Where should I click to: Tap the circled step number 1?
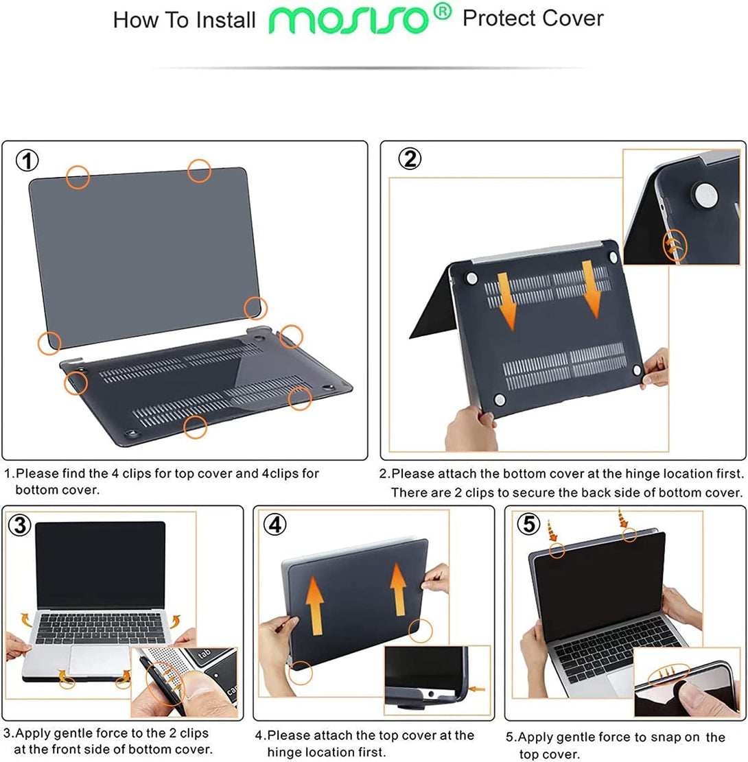tap(27, 161)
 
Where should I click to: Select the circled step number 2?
tap(410, 159)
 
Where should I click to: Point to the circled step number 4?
tap(274, 525)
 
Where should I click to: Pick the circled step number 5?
tap(528, 525)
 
